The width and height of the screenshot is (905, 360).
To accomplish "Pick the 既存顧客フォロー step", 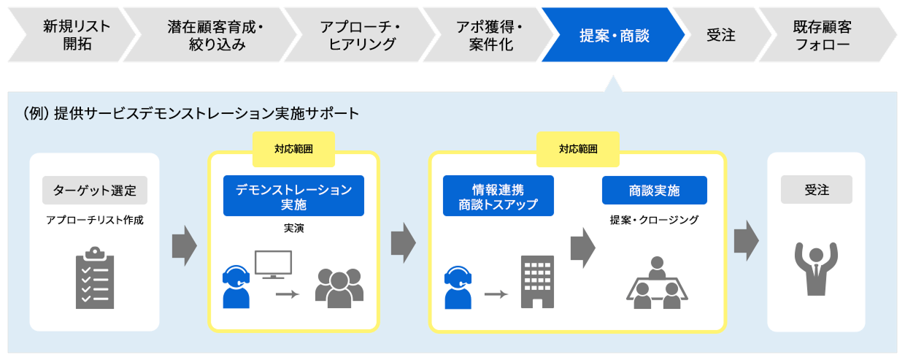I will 825,35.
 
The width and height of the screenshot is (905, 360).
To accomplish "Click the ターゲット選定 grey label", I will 95,190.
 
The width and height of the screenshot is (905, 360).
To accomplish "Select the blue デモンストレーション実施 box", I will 293,196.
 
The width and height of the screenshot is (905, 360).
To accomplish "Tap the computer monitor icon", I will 273,264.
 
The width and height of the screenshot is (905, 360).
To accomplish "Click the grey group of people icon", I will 339,287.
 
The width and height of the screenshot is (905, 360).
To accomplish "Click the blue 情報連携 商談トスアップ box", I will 498,196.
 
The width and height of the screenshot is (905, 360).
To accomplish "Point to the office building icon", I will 537,282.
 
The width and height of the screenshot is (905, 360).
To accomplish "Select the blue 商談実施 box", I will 654,191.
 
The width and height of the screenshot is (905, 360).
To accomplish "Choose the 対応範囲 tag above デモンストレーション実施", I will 293,149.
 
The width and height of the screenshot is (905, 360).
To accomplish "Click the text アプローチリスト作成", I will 95,220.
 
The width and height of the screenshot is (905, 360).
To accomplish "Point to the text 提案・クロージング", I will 654,219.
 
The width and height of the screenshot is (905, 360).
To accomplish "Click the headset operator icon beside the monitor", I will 236,286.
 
